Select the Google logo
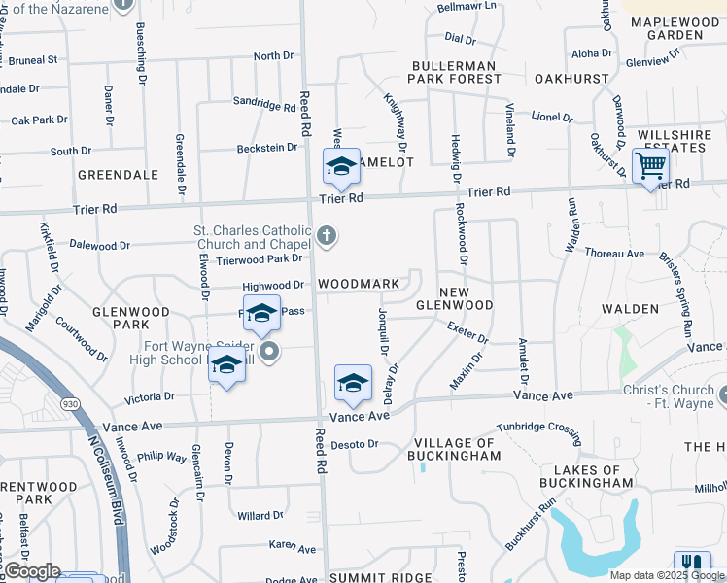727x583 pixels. point(32,571)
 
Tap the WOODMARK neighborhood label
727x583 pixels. point(359,284)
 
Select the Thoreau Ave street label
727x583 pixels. point(614,253)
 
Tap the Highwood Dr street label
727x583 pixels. point(273,286)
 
